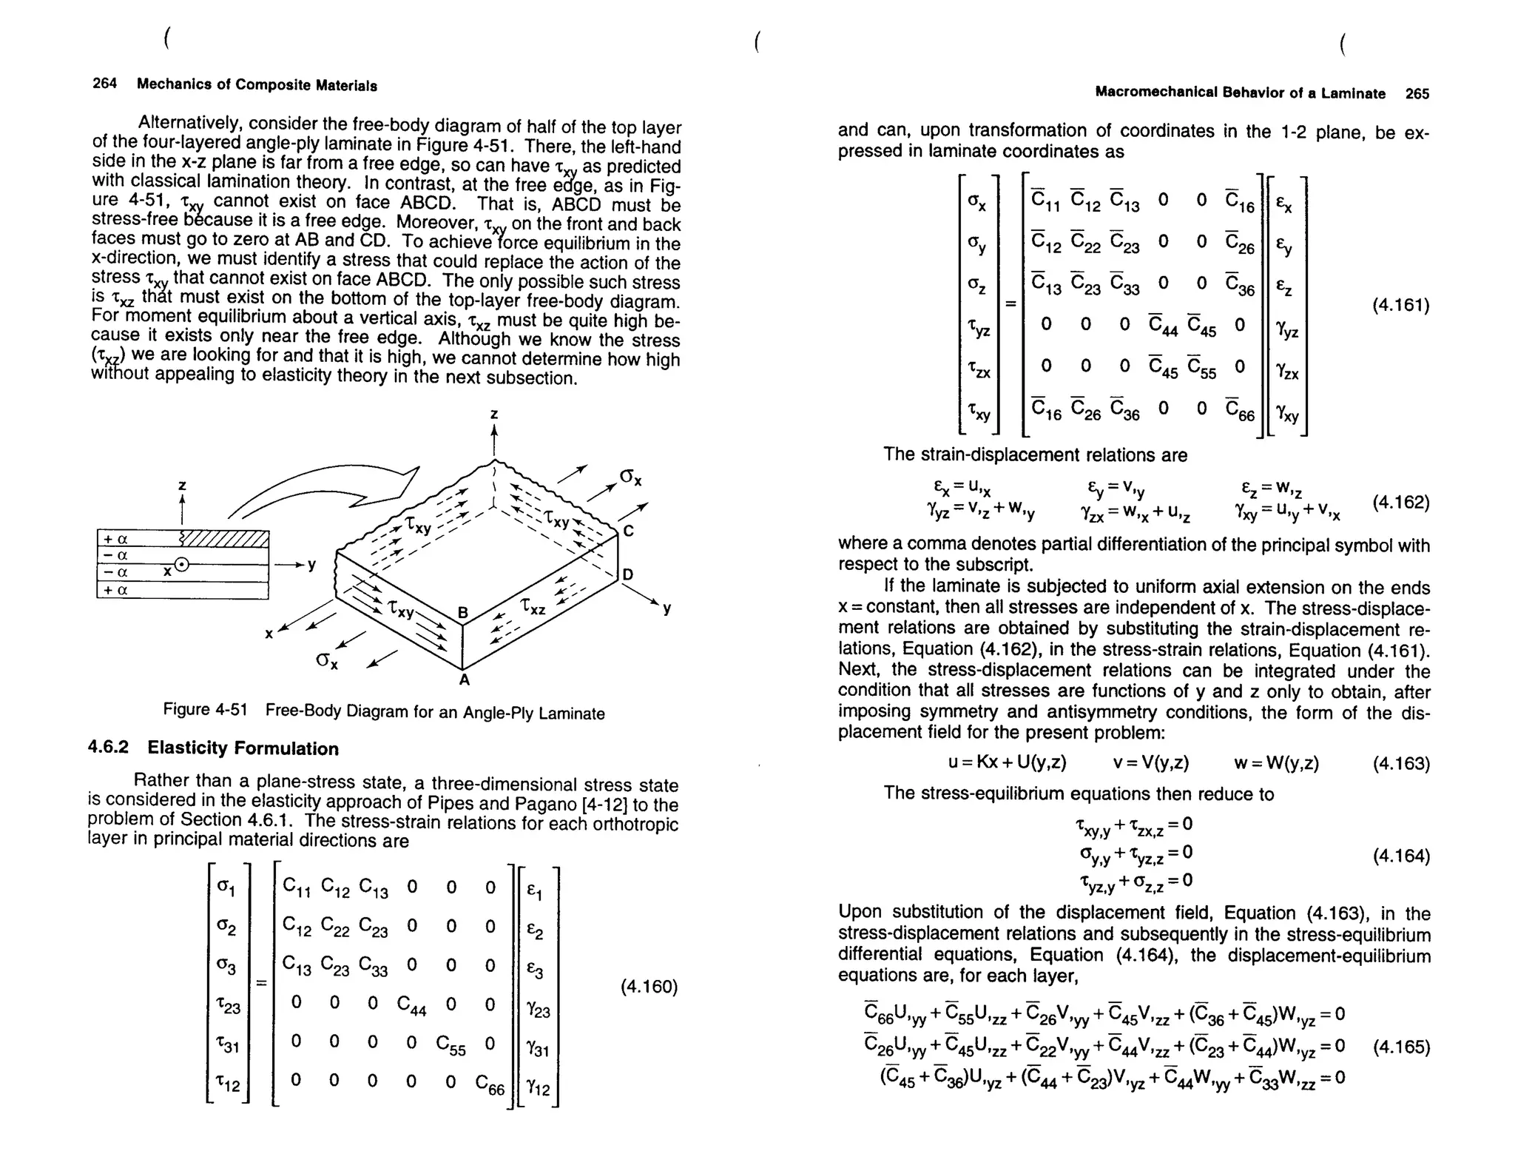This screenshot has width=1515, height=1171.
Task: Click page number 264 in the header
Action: (104, 84)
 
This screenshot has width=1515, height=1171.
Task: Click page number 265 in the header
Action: (1417, 94)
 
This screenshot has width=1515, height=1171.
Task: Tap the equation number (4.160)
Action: (648, 987)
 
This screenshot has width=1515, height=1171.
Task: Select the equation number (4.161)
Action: (1400, 305)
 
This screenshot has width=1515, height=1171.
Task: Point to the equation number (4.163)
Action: (1401, 764)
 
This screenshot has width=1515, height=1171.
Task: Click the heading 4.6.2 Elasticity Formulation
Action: (213, 748)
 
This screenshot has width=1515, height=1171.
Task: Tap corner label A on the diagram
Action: (464, 680)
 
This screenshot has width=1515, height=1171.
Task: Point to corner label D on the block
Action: (628, 574)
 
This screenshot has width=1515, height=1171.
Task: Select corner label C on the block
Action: (628, 531)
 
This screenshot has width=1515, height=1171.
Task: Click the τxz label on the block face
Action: (533, 607)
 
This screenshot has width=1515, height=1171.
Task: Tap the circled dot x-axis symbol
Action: (181, 566)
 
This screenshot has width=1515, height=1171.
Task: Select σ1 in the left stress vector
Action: (226, 888)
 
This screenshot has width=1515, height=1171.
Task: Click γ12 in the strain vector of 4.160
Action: (538, 1087)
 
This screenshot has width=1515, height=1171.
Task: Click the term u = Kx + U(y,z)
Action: (1007, 763)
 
